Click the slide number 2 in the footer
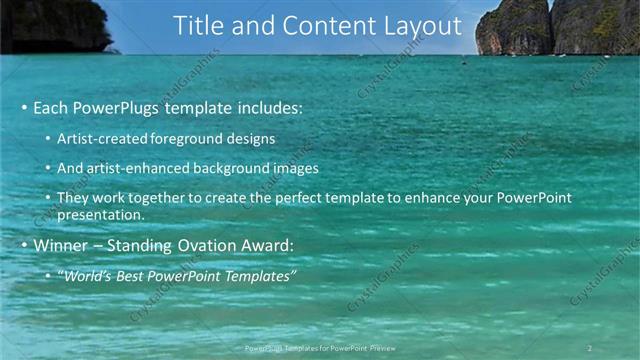[589, 348]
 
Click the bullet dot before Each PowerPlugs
[24, 107]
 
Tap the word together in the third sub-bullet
[166, 198]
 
